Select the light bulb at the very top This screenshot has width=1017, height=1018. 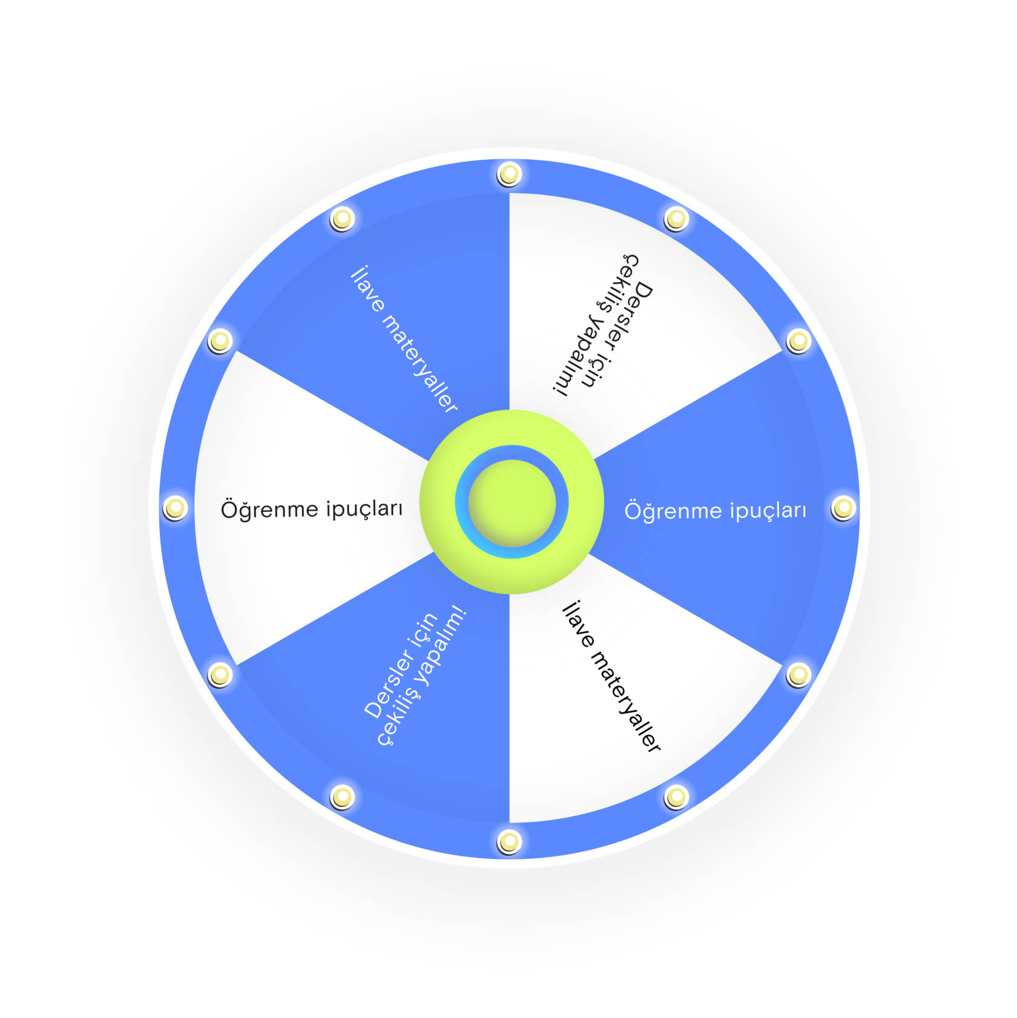pos(509,174)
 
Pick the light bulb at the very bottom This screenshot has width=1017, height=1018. pos(509,841)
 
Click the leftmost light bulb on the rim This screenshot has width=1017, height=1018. pos(175,508)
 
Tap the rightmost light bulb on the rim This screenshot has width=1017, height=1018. pos(843,508)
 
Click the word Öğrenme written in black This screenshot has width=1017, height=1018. pos(269,510)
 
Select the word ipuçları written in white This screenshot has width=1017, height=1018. pos(768,511)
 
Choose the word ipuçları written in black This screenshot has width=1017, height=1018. pos(364,509)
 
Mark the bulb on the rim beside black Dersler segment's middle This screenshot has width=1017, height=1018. pos(676,218)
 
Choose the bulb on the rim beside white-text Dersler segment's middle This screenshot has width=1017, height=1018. pos(342,796)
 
